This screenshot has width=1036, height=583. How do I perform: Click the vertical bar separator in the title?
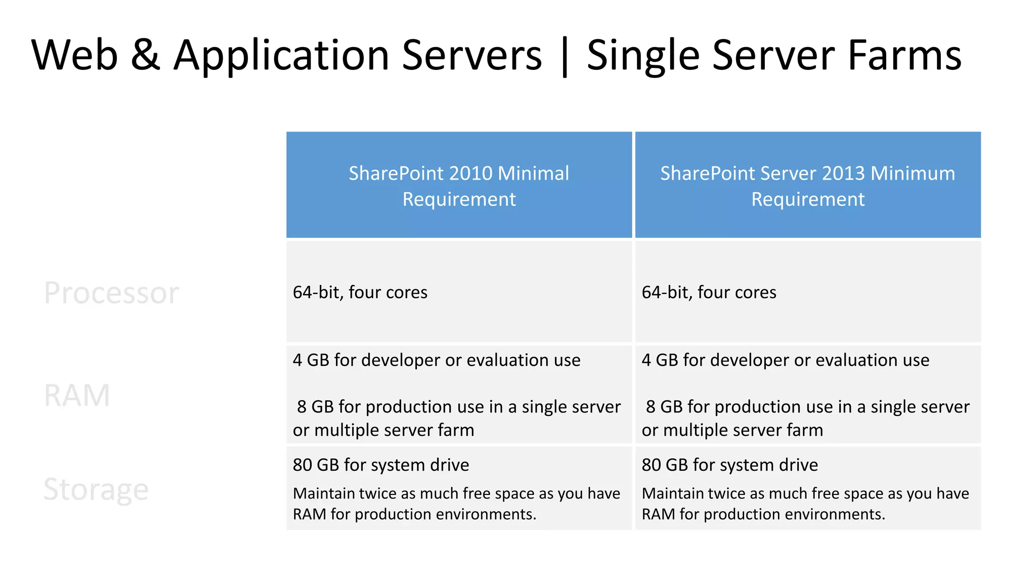[x=565, y=57]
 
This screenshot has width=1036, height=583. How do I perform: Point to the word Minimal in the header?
[x=533, y=174]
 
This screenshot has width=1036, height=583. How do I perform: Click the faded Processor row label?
[x=111, y=293]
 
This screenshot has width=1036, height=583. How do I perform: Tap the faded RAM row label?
[x=77, y=395]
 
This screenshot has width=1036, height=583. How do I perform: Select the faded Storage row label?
[x=96, y=489]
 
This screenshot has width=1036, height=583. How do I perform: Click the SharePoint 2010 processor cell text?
[x=360, y=293]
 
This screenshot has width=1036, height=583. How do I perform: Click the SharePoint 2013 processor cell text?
[x=709, y=293]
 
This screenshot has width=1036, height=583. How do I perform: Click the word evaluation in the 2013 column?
[x=859, y=360]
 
